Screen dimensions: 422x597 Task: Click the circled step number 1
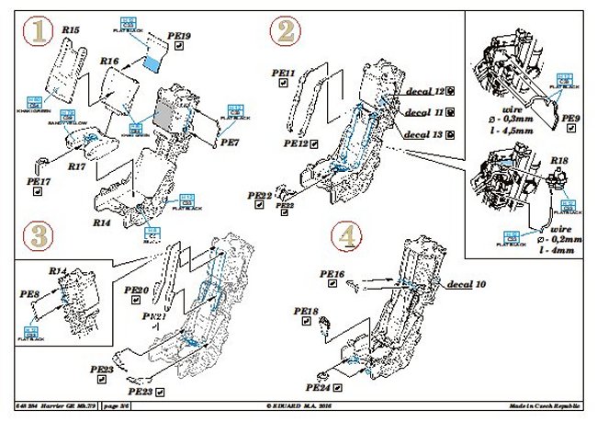point(38,34)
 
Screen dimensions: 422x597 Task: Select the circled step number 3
point(36,236)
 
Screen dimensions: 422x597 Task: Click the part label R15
point(72,30)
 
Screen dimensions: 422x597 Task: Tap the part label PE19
point(181,36)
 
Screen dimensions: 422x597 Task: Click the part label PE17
point(38,183)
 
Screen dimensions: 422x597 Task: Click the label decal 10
point(467,287)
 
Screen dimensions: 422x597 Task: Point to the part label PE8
point(29,294)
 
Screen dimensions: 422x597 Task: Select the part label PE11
point(285,72)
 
